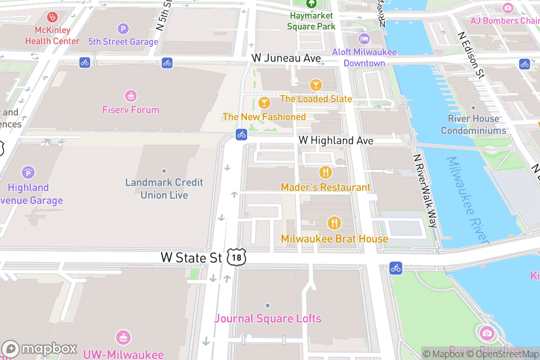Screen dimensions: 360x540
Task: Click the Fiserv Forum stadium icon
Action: coord(131,96)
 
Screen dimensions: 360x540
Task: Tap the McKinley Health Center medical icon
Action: coord(53,18)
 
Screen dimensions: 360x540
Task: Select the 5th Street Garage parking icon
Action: coord(123,29)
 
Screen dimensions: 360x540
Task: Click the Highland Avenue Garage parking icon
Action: coord(28,172)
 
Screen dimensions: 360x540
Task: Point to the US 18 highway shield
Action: coord(236,257)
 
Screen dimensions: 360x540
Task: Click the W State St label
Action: coord(192,257)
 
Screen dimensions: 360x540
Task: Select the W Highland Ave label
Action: coord(336,140)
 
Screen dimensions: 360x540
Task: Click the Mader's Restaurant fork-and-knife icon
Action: coord(325,172)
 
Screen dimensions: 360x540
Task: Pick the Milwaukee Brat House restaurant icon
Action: coord(334,223)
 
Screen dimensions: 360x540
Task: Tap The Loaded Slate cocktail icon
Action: coord(316,85)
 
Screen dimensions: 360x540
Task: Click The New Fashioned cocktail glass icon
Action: coord(265,103)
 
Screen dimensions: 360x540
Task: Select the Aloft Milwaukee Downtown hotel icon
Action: coord(364,39)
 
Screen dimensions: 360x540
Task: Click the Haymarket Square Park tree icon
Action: coord(311,4)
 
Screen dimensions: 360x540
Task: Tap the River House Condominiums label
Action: coord(473,125)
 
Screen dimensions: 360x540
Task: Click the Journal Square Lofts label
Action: coord(268,319)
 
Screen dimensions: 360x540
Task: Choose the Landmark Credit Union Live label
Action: coord(164,189)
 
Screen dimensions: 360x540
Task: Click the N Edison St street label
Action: coord(471,55)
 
